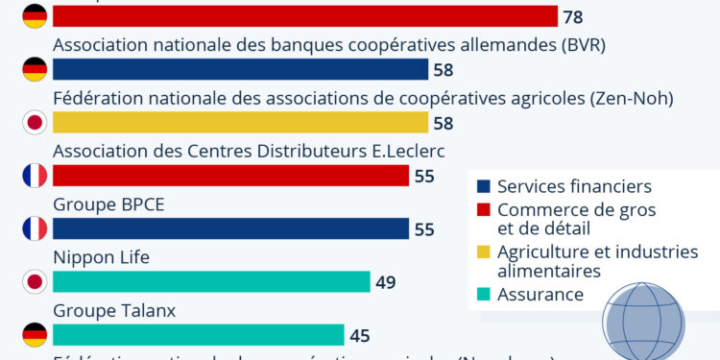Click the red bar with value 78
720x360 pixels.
[x=305, y=16]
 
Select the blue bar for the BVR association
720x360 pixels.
[x=240, y=69]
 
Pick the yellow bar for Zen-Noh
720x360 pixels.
[x=240, y=122]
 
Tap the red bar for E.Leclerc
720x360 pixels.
[x=230, y=176]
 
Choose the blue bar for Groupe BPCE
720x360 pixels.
[x=230, y=228]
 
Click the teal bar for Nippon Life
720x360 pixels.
[x=211, y=281]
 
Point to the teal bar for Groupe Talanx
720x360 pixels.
[x=199, y=334]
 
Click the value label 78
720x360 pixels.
[x=573, y=17]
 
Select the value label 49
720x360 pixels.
[x=386, y=282]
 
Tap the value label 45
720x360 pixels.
[x=360, y=335]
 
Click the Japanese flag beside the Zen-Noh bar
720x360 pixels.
[x=35, y=122]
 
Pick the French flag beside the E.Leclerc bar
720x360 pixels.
[x=35, y=176]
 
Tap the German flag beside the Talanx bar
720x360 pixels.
[x=35, y=334]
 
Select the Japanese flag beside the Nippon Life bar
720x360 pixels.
[x=35, y=281]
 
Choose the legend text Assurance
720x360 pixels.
[x=540, y=294]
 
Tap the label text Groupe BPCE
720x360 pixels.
[x=102, y=204]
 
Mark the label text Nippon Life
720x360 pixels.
[x=101, y=257]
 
